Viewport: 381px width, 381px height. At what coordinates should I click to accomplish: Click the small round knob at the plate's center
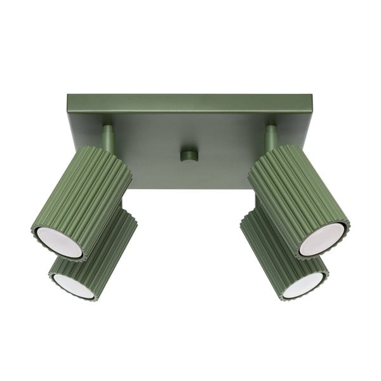189,156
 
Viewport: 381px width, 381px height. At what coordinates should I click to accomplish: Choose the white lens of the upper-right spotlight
322,239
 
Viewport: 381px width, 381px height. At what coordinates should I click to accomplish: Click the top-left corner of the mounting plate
67,96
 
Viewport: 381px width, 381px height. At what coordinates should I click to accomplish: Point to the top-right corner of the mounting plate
312,96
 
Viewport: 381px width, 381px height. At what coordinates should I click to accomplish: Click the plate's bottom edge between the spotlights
190,188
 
